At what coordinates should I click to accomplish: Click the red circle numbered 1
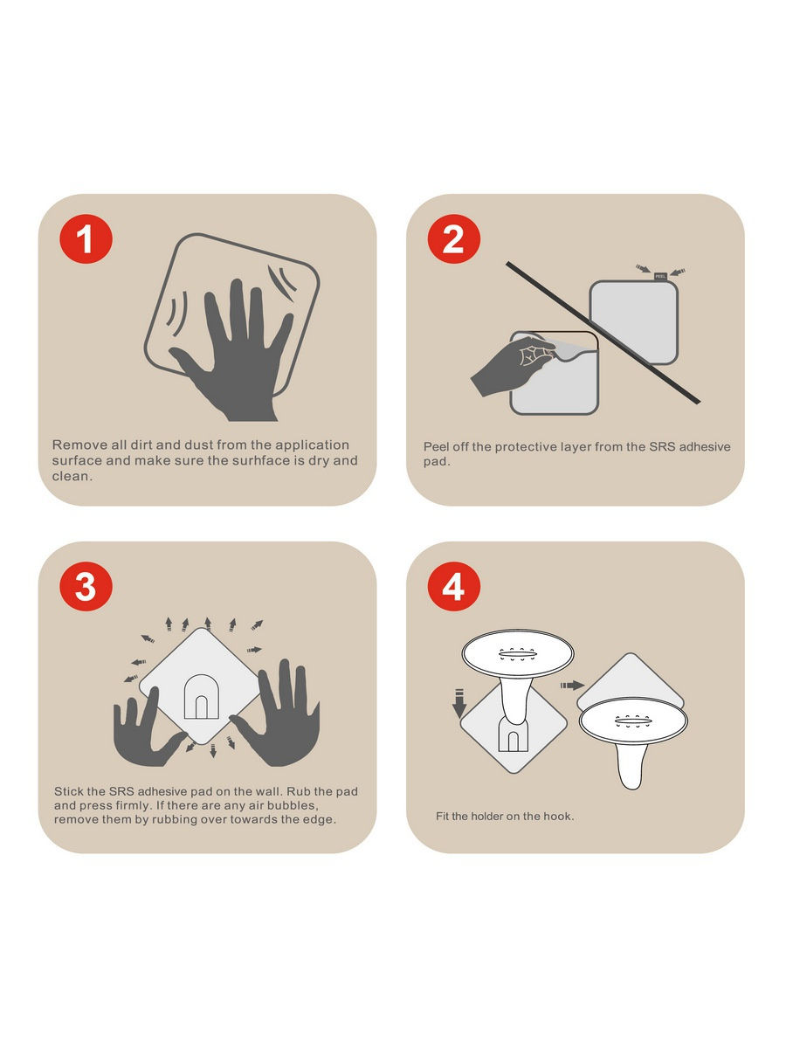pyautogui.click(x=86, y=238)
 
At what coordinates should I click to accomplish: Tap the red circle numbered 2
pyautogui.click(x=454, y=238)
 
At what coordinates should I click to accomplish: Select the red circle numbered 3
pyautogui.click(x=86, y=586)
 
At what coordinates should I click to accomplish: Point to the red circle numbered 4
pyautogui.click(x=454, y=586)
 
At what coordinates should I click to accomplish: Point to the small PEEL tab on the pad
pyautogui.click(x=660, y=277)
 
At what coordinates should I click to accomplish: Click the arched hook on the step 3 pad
pyautogui.click(x=202, y=697)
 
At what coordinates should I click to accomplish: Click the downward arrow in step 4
pyautogui.click(x=459, y=704)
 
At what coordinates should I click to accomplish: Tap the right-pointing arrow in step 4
pyautogui.click(x=573, y=686)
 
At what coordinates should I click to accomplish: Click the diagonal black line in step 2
pyautogui.click(x=603, y=333)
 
